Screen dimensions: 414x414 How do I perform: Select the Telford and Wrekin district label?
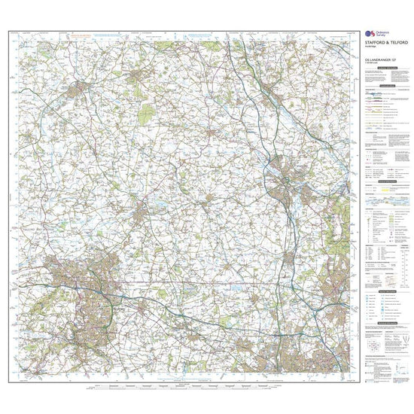(x=30, y=224)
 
